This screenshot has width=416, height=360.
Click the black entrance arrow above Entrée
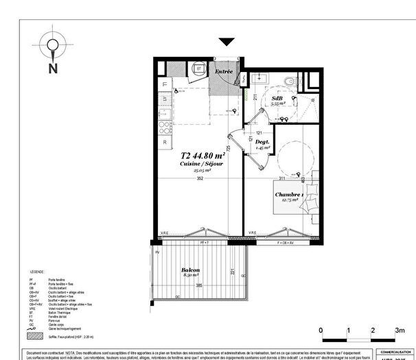(227, 43)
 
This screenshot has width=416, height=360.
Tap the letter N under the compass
(52, 68)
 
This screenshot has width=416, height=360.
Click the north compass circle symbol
(52, 45)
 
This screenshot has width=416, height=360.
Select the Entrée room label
(224, 71)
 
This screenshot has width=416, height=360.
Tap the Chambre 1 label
(289, 195)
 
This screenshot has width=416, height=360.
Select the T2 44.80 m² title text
(203, 155)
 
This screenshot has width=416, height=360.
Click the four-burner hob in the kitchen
(165, 128)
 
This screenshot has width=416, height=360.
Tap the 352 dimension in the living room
(200, 179)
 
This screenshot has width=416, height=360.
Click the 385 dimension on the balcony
(200, 285)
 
